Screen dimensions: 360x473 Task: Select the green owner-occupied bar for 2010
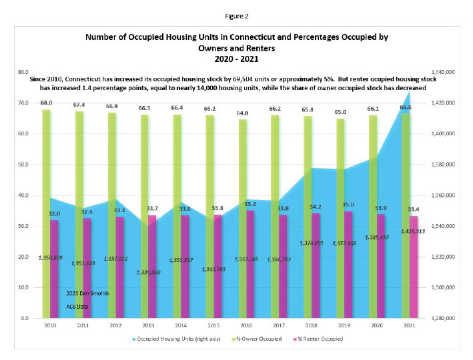(46, 213)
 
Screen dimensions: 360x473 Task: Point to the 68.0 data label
(46, 103)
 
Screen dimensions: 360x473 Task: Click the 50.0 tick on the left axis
(23, 165)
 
